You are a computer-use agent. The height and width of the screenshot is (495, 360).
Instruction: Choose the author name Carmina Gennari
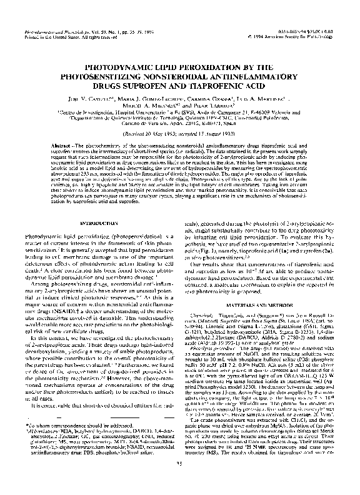pos(202,99)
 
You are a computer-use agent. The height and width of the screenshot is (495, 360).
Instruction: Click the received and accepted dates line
pos(180,134)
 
